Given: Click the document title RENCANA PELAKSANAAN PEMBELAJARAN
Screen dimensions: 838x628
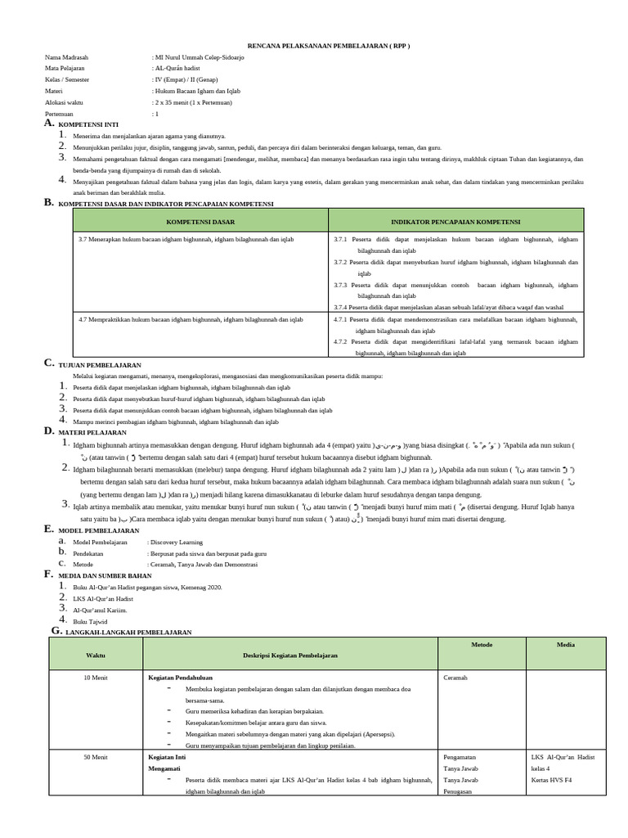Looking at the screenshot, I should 329,46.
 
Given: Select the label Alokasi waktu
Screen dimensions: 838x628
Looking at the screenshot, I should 65,103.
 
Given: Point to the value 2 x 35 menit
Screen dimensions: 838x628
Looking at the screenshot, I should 193,103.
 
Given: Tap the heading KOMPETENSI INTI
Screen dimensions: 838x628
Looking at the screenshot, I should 90,124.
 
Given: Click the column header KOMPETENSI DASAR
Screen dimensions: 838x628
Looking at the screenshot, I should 200,221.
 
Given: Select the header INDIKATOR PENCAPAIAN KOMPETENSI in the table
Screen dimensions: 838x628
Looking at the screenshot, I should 455,221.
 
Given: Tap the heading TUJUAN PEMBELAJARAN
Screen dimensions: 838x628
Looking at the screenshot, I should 100,364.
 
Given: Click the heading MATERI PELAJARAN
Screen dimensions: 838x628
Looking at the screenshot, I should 92,432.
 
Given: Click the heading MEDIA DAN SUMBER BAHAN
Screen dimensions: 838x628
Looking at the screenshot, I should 105,575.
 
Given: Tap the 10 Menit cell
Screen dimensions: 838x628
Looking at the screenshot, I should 96,678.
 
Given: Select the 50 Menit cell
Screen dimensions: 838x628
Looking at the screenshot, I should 96,758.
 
